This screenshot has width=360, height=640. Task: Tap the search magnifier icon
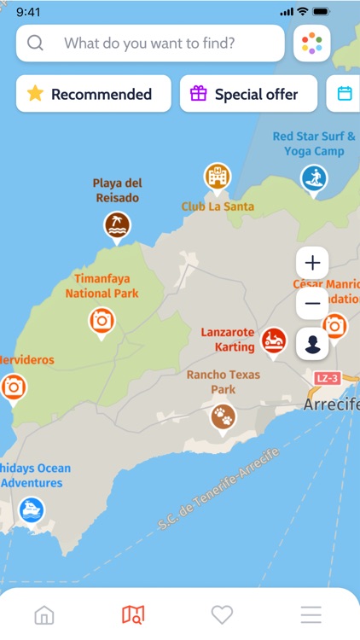click(x=35, y=44)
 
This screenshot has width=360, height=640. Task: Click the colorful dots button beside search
click(x=311, y=44)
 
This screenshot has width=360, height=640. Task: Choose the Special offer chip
click(x=247, y=94)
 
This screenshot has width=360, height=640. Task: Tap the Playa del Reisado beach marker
click(x=117, y=225)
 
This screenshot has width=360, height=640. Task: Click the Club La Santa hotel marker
click(x=218, y=177)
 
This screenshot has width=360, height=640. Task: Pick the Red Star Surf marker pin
click(x=314, y=178)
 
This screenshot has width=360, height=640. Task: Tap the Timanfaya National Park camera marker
click(x=102, y=321)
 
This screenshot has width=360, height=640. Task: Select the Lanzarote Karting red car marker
click(x=274, y=340)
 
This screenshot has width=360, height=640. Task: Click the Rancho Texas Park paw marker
click(x=223, y=416)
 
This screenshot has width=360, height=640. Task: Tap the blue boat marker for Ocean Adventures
click(x=32, y=510)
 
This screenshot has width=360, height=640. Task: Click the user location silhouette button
click(x=312, y=344)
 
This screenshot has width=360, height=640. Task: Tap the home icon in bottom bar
click(x=44, y=614)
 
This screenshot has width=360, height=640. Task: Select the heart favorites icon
click(x=222, y=614)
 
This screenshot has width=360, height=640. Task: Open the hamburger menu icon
click(x=311, y=614)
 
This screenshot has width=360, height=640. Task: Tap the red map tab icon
click(x=133, y=614)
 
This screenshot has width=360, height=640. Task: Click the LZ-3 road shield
click(x=327, y=378)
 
